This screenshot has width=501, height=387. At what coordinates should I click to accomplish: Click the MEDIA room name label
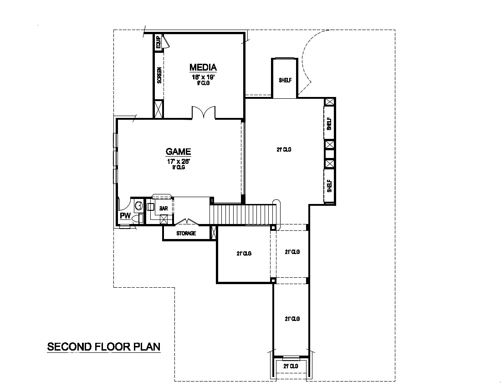203,67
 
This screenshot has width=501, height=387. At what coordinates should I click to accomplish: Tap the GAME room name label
178,152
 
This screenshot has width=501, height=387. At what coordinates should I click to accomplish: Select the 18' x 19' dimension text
203,77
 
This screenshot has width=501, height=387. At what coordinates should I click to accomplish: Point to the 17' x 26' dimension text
178,161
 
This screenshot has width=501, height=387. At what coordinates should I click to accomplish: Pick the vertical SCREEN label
159,76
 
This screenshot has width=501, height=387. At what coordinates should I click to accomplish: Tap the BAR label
164,209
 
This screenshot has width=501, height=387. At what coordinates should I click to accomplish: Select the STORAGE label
186,234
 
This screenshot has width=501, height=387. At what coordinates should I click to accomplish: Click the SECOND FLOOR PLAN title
104,346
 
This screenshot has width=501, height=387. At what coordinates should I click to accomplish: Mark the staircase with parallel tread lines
243,215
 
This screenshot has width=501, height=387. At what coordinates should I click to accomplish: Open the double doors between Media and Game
203,113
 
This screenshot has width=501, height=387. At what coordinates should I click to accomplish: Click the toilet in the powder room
138,219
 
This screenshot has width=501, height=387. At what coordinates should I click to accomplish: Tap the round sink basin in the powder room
138,206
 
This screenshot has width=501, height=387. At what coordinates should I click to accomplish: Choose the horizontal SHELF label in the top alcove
285,80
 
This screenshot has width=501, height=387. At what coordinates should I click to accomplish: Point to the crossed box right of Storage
214,233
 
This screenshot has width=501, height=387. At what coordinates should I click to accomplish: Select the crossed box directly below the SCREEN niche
158,109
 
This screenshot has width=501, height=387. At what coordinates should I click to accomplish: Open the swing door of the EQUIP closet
166,42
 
